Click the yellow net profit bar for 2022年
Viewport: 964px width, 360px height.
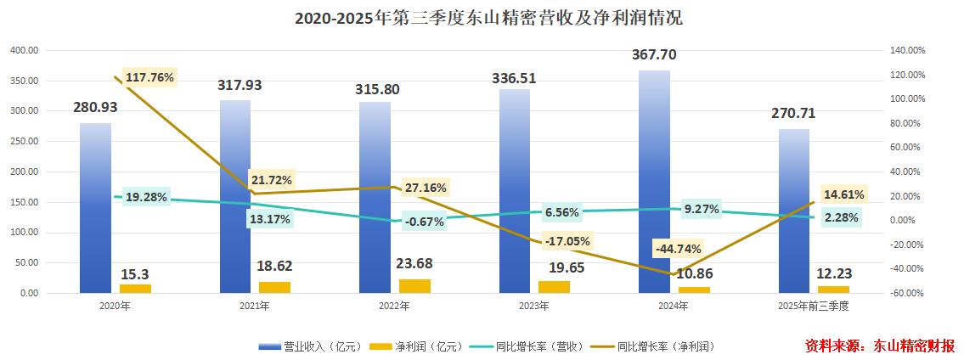coord(415,286)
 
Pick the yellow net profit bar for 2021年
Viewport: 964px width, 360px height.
coord(275,287)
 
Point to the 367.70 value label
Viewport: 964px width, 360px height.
coord(654,54)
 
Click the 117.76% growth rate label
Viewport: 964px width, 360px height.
coord(149,77)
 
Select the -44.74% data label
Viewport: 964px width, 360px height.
coord(678,249)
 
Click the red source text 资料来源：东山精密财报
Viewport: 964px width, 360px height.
coord(879,346)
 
